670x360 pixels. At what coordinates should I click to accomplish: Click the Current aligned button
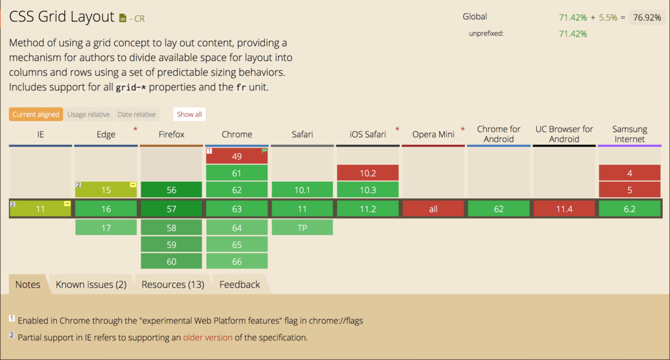pyautogui.click(x=36, y=114)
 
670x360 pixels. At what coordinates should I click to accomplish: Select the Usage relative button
pyautogui.click(x=88, y=114)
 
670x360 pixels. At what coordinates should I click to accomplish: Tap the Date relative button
pyautogui.click(x=136, y=114)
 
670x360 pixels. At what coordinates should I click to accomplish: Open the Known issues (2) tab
pyautogui.click(x=91, y=284)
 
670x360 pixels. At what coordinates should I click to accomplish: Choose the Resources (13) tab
pyautogui.click(x=173, y=284)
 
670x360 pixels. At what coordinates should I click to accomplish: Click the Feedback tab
pyautogui.click(x=239, y=284)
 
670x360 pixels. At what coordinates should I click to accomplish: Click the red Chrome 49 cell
pyautogui.click(x=237, y=156)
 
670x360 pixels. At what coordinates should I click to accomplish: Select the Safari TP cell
pyautogui.click(x=302, y=228)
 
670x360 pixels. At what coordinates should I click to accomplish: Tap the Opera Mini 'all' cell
pyautogui.click(x=433, y=209)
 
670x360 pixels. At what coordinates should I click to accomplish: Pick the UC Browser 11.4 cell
pyautogui.click(x=564, y=209)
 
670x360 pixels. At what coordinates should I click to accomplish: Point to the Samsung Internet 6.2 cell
pyautogui.click(x=629, y=209)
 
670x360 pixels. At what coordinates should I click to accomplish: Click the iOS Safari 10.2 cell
pyautogui.click(x=368, y=173)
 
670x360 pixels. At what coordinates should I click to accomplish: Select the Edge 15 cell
pyautogui.click(x=106, y=190)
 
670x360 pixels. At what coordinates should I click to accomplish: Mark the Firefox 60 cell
pyautogui.click(x=171, y=261)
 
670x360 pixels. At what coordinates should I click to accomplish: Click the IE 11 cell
pyautogui.click(x=40, y=209)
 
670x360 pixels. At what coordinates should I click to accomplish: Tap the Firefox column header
pyautogui.click(x=171, y=134)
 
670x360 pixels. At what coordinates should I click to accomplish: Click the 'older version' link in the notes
pyautogui.click(x=207, y=337)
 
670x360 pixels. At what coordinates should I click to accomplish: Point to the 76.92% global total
pyautogui.click(x=647, y=18)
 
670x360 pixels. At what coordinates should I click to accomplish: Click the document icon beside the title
pyautogui.click(x=122, y=18)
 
